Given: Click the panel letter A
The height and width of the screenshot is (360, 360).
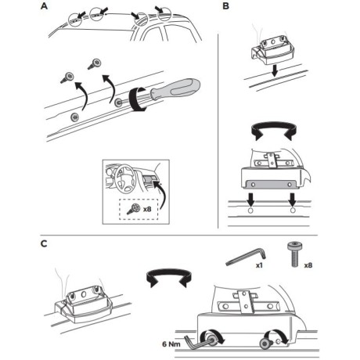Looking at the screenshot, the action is pyautogui.click(x=44, y=5).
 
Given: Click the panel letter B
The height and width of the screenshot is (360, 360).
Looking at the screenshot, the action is pyautogui.click(x=226, y=5).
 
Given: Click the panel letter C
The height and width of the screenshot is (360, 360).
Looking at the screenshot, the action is pyautogui.click(x=44, y=243).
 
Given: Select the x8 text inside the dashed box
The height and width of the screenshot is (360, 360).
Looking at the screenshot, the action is pyautogui.click(x=147, y=209).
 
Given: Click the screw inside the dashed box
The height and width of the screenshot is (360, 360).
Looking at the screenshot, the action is pyautogui.click(x=133, y=209).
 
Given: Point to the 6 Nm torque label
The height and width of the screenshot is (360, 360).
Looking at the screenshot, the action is pyautogui.click(x=171, y=344).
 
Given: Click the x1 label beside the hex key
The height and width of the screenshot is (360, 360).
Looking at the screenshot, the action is pyautogui.click(x=259, y=265).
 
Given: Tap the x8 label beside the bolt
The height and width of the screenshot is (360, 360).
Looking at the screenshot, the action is pyautogui.click(x=308, y=265).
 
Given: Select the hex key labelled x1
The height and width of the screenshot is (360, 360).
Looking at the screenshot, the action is pyautogui.click(x=246, y=257).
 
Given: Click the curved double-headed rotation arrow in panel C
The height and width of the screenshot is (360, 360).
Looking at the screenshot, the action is pyautogui.click(x=169, y=276).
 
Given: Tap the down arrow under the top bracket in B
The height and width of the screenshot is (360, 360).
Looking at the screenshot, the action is pyautogui.click(x=274, y=71).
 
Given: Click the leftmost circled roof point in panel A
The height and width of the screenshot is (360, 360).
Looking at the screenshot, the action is pyautogui.click(x=75, y=20).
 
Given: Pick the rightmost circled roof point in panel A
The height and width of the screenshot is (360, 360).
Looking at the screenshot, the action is pyautogui.click(x=164, y=14).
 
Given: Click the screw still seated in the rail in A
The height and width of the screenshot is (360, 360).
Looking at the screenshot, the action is pyautogui.click(x=75, y=117).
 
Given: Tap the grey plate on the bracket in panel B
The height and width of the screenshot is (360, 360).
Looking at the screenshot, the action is pyautogui.click(x=271, y=184).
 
